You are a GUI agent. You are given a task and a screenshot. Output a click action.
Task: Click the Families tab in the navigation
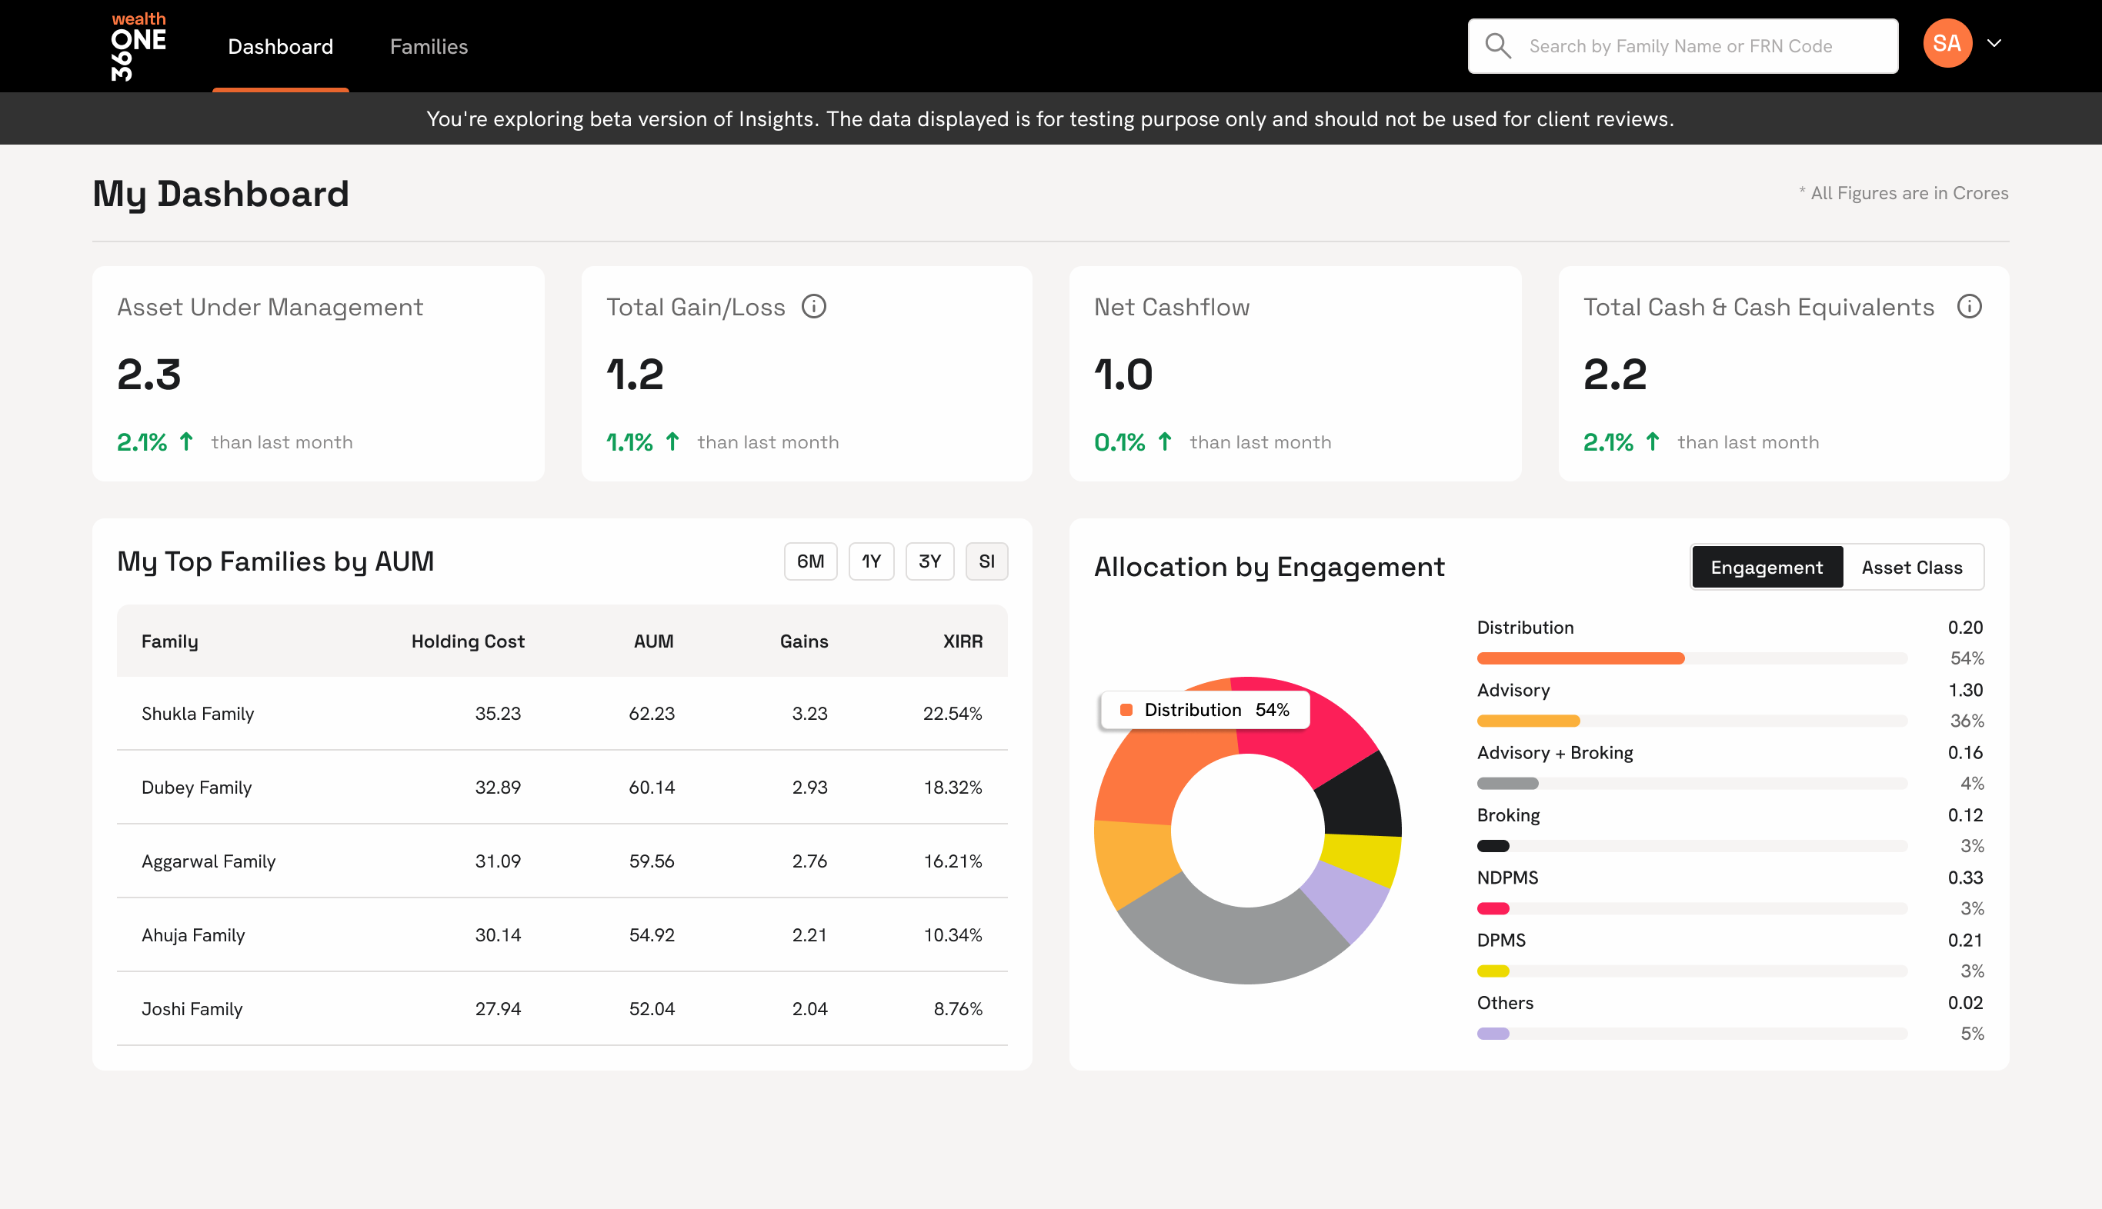pos(429,46)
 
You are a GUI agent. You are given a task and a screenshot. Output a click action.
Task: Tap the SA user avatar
pos(1947,43)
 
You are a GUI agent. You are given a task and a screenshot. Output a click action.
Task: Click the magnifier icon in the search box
pos(1497,45)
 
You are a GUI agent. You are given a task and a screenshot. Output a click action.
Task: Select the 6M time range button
pos(809,561)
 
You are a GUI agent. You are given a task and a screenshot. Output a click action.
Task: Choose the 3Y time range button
pos(929,561)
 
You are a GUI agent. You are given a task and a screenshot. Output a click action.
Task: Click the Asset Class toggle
pos(1911,567)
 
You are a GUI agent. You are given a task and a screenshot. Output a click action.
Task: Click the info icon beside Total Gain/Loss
pos(814,306)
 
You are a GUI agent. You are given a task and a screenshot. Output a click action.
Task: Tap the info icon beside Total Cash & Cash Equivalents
pos(1969,306)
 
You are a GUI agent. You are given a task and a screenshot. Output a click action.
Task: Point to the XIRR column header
pos(962,641)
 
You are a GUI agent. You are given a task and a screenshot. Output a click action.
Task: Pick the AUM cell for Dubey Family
pos(651,788)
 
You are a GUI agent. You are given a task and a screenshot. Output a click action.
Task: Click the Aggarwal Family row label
pos(209,861)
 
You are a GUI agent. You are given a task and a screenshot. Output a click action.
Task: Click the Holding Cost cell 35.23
pos(498,713)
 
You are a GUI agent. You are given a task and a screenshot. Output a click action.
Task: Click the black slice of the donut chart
pos(1360,797)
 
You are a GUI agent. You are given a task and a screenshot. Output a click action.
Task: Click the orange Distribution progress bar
pos(1580,658)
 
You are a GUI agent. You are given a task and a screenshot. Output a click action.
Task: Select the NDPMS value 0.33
pos(1964,878)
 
